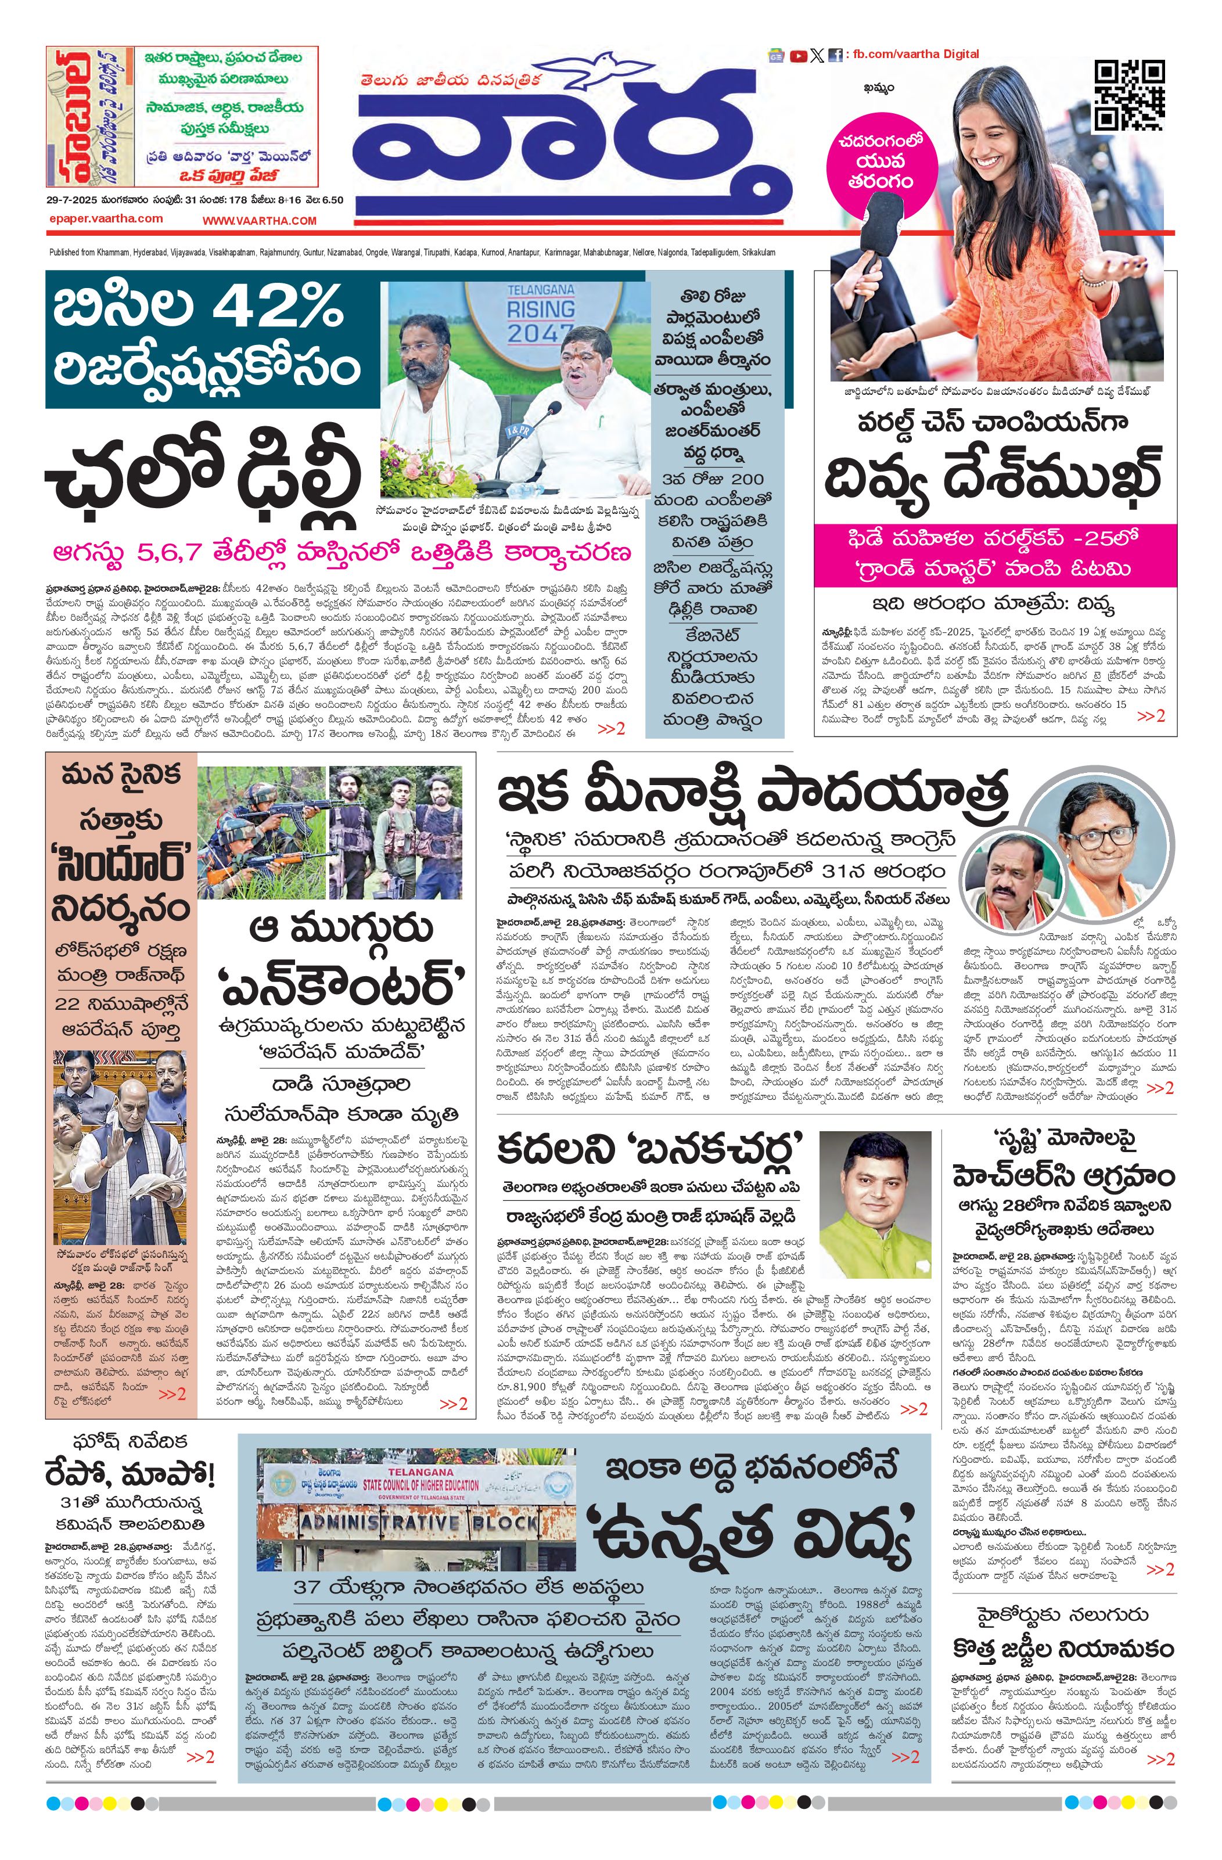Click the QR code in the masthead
1128,95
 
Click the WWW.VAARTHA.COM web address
260,221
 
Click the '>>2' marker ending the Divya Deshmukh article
1150,715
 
